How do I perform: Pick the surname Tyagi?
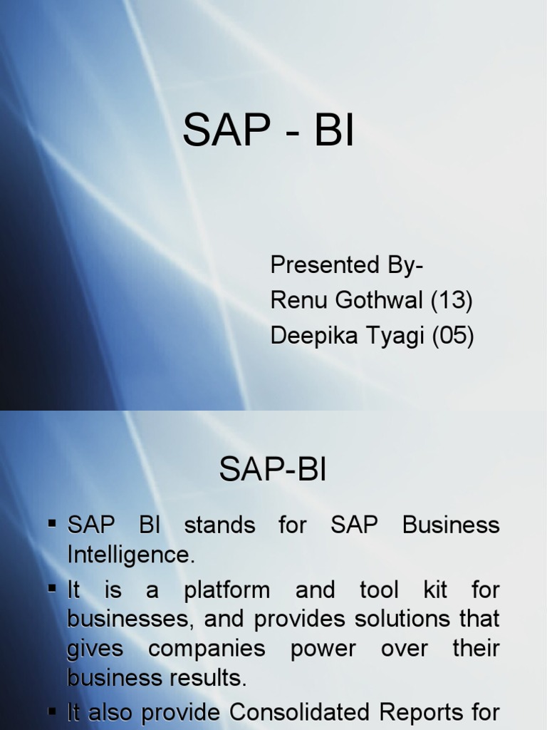coord(395,336)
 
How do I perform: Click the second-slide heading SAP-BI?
coord(273,471)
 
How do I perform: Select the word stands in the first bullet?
coord(219,525)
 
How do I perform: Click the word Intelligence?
coord(130,555)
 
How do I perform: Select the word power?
coord(323,649)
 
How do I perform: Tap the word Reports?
coord(434,712)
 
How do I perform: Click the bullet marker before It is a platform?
coord(53,588)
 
